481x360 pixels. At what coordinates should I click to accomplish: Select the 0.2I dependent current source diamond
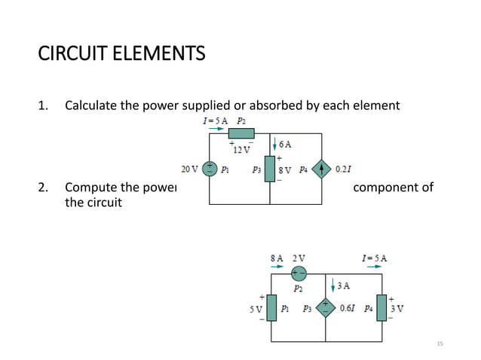pyautogui.click(x=322, y=169)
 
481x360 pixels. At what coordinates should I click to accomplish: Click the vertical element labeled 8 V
pyautogui.click(x=270, y=169)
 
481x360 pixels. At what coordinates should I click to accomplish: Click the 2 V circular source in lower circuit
pyautogui.click(x=299, y=273)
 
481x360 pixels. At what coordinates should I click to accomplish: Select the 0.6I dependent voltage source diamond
pyautogui.click(x=326, y=308)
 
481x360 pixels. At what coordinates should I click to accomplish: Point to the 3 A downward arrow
pyautogui.click(x=333, y=285)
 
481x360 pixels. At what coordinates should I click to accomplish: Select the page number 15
pyautogui.click(x=441, y=343)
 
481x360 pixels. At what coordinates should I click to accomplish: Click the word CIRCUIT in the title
pyautogui.click(x=71, y=54)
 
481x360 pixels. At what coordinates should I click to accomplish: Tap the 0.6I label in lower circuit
pyautogui.click(x=348, y=308)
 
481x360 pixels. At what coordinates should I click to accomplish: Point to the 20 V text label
pyautogui.click(x=189, y=169)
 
